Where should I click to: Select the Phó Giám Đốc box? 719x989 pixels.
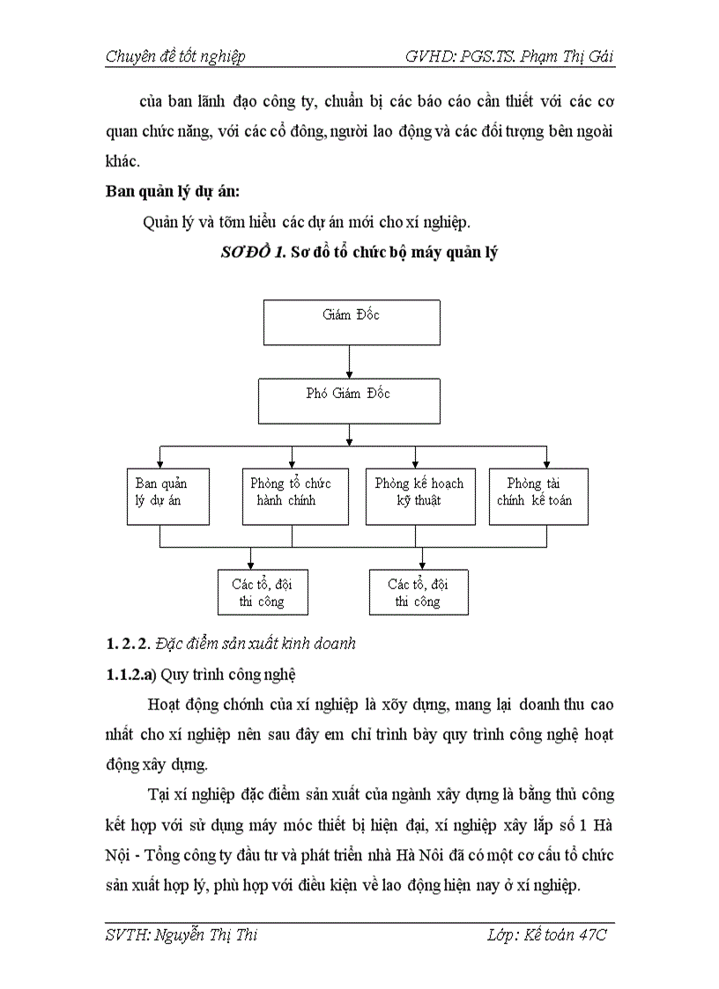coord(348,401)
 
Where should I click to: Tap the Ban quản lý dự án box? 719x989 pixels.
coord(168,497)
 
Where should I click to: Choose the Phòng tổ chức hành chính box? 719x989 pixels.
coord(291,497)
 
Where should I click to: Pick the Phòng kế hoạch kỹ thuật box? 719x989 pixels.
coord(415,497)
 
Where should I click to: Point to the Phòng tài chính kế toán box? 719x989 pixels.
coord(538,497)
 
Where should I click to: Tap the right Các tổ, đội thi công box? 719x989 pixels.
coord(419,592)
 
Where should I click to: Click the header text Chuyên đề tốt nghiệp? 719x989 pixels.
coord(175,57)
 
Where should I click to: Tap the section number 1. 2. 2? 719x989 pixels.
coord(128,644)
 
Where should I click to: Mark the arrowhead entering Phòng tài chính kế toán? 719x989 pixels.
coord(547,463)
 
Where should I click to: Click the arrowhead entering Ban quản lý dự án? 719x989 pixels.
coord(159,463)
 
